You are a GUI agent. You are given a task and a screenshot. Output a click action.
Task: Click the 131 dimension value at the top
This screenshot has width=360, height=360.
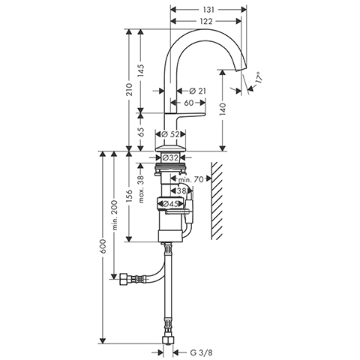pyautogui.click(x=208, y=10)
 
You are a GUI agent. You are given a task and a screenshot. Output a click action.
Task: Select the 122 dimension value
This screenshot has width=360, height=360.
pyautogui.click(x=206, y=22)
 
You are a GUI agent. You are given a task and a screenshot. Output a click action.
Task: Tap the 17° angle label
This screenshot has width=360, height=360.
pyautogui.click(x=259, y=77)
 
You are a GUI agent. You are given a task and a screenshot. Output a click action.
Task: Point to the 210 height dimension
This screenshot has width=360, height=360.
pyautogui.click(x=129, y=90)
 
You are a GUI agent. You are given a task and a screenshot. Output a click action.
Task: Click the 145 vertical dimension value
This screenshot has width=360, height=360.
pyautogui.click(x=141, y=70)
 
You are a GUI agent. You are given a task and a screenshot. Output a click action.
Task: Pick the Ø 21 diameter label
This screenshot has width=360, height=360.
pyautogui.click(x=198, y=91)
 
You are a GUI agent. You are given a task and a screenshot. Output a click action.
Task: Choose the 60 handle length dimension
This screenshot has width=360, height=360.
pyautogui.click(x=189, y=103)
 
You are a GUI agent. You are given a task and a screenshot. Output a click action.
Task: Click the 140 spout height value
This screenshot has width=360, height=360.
pyautogui.click(x=223, y=109)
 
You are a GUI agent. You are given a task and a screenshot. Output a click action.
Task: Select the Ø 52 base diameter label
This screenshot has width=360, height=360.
pyautogui.click(x=171, y=134)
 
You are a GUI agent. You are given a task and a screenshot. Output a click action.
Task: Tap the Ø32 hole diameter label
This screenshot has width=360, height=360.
pyautogui.click(x=170, y=157)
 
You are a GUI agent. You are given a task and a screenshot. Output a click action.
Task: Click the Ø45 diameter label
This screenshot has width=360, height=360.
pyautogui.click(x=170, y=204)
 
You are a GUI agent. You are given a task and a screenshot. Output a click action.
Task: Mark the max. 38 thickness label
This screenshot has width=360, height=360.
pyautogui.click(x=141, y=189)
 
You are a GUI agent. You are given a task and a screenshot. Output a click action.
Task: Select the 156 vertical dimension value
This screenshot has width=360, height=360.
pyautogui.click(x=129, y=196)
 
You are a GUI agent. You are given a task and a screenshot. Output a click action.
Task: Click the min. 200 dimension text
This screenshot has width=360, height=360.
pyautogui.click(x=114, y=215)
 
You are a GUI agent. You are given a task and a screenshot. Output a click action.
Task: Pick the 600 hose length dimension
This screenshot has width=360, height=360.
pyautogui.click(x=103, y=246)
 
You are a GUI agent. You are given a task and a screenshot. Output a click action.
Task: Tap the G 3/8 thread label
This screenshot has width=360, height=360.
pyautogui.click(x=201, y=352)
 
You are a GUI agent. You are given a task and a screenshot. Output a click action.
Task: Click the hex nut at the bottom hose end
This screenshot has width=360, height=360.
pyautogui.click(x=167, y=340)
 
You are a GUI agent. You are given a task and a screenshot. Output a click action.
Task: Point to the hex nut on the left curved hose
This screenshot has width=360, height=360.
pyautogui.click(x=124, y=279)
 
